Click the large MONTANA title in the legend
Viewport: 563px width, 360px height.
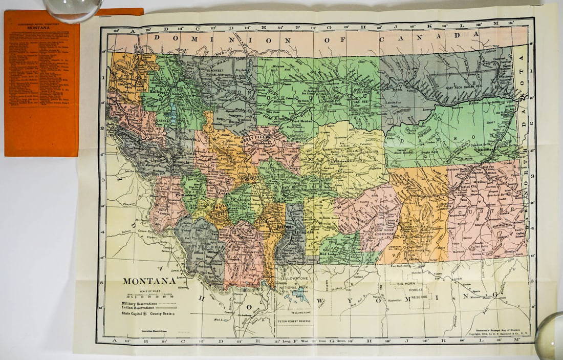click(x=148, y=281)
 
